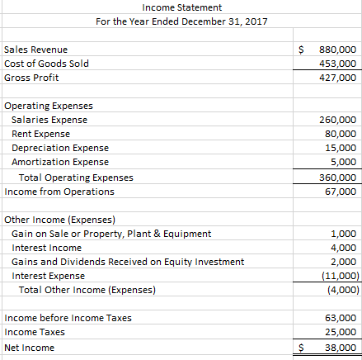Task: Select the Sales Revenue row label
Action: [36, 50]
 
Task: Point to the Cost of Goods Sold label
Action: [46, 64]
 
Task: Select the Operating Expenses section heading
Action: [49, 107]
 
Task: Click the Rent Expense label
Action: [40, 134]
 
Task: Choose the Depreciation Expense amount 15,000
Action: [339, 148]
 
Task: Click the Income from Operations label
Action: [59, 192]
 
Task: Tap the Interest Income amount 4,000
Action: [342, 248]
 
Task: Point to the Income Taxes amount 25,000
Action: [339, 333]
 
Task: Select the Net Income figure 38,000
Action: [339, 348]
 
